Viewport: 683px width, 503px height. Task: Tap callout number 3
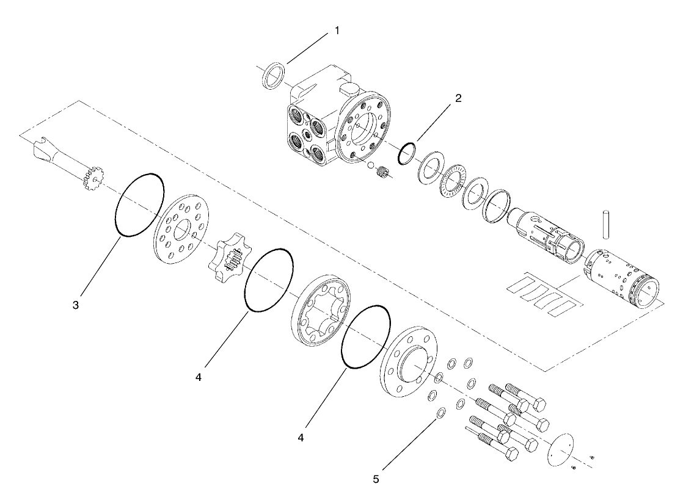point(75,305)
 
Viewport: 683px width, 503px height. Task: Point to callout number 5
point(376,479)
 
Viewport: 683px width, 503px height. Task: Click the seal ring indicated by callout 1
point(272,76)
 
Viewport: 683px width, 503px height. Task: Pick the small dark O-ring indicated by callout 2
point(407,154)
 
